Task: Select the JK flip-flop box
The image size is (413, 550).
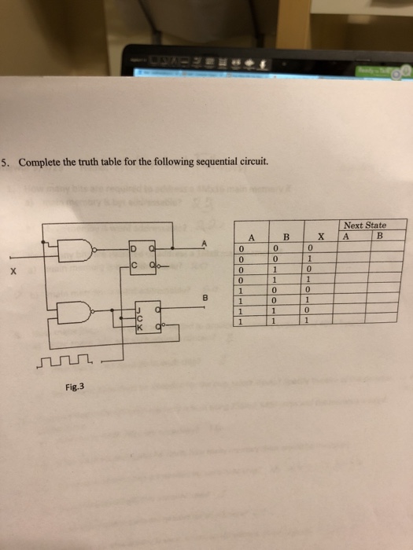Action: click(x=149, y=317)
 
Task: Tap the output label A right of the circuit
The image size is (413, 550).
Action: click(x=204, y=244)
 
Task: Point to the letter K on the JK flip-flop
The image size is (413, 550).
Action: click(x=140, y=327)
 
